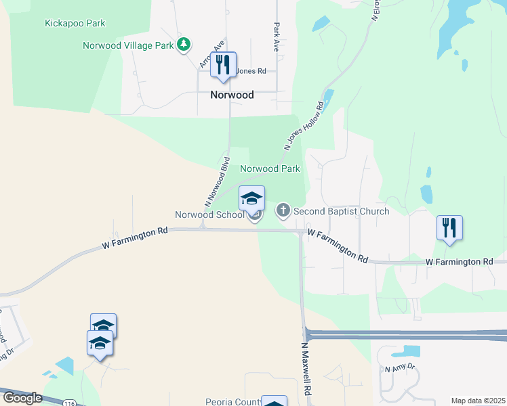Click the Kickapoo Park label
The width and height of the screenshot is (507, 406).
click(75, 24)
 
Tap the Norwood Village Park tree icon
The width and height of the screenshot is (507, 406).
click(183, 45)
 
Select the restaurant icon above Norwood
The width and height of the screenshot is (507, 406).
click(223, 65)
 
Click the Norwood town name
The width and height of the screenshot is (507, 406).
click(231, 95)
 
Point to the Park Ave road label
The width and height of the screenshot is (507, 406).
click(277, 38)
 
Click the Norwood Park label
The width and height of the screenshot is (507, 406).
click(270, 168)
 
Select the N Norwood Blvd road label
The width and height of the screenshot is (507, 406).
click(216, 183)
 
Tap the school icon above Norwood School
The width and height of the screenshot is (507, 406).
click(251, 198)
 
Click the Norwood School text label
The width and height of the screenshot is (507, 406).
click(209, 215)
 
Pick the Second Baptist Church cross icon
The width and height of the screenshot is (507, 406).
click(283, 211)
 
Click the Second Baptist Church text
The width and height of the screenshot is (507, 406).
click(341, 211)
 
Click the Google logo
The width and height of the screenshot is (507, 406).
click(22, 398)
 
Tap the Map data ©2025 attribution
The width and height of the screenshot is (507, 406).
click(477, 401)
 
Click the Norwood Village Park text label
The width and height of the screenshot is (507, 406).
click(128, 45)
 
